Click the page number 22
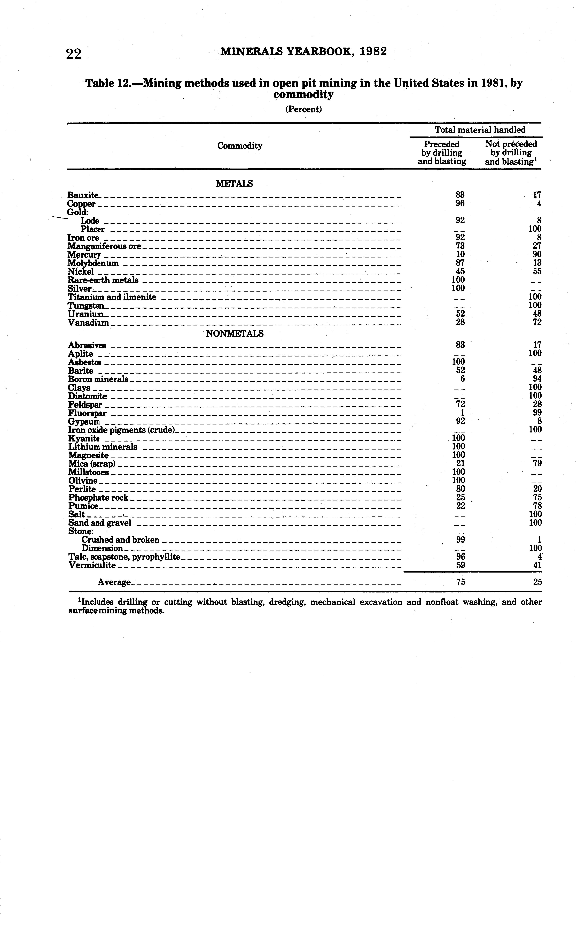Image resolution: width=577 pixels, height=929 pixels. (74, 54)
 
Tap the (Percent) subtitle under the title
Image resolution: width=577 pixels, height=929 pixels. (303, 109)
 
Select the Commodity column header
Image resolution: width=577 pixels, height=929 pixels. (240, 146)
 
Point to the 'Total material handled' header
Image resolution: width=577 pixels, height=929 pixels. (480, 130)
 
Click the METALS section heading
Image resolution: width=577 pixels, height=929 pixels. (234, 184)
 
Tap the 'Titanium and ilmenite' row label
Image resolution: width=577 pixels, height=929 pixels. (112, 297)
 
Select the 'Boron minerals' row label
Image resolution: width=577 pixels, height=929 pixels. (98, 379)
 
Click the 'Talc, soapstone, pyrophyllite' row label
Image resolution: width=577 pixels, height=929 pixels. (124, 557)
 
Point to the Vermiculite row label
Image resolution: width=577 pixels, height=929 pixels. (92, 566)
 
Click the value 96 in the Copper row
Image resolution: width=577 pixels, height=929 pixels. (460, 203)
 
